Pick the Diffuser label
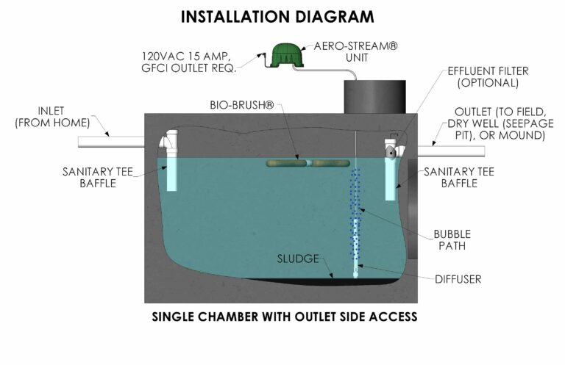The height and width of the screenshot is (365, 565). (x=458, y=279)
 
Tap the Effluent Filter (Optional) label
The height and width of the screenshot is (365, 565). (x=488, y=76)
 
